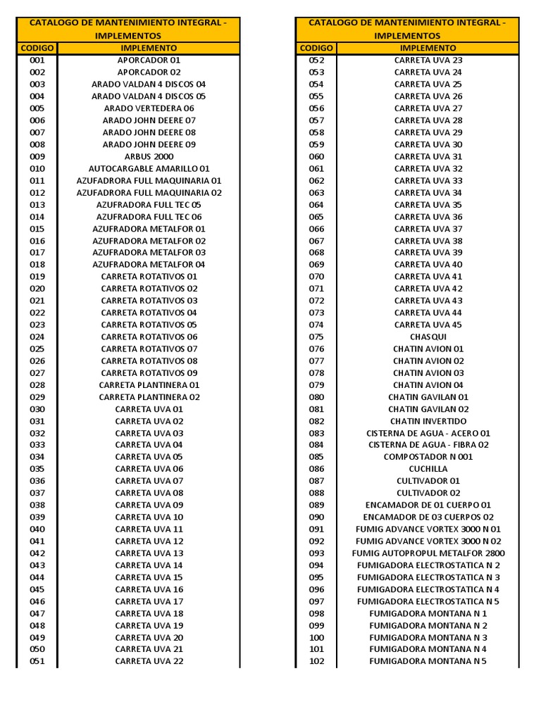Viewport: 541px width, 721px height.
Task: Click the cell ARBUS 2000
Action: pos(149,156)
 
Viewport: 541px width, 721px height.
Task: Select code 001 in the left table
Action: pos(37,61)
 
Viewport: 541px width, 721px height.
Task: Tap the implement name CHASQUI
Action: pos(428,337)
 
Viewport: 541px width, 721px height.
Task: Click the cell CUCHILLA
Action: pos(428,469)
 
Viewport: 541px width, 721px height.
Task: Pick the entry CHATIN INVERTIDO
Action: pos(428,421)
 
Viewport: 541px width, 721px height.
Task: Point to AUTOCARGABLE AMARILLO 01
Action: pos(149,169)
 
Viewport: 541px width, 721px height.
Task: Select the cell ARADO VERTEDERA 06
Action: pos(149,108)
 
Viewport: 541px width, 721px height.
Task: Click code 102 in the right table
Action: pos(316,661)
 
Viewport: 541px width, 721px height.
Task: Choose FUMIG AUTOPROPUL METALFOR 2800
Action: pos(428,553)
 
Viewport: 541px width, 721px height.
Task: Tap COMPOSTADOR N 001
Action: pos(428,457)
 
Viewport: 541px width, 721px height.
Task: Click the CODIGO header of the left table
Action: pos(37,48)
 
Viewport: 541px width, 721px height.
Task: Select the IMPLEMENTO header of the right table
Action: pos(428,48)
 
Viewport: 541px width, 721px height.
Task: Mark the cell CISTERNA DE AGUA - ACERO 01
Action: pos(428,433)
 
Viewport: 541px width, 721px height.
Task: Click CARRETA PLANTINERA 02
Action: pos(149,397)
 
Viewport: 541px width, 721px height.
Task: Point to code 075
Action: pos(316,337)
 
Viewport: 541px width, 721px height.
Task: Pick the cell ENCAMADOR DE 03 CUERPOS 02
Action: pos(428,517)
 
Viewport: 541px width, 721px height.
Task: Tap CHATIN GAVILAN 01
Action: pos(428,397)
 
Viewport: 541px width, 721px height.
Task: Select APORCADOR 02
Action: pos(149,73)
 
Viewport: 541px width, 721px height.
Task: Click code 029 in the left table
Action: pos(37,397)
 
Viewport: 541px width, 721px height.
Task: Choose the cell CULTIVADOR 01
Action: pos(428,481)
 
